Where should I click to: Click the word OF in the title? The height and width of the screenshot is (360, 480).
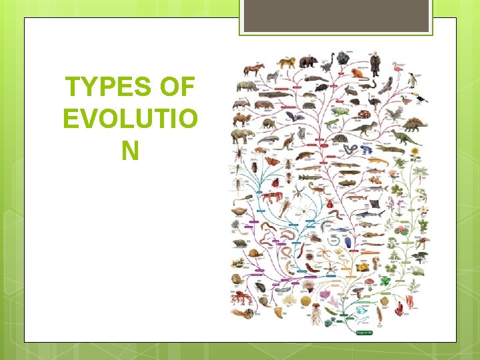pyautogui.click(x=178, y=88)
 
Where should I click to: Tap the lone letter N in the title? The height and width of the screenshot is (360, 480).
pyautogui.click(x=130, y=151)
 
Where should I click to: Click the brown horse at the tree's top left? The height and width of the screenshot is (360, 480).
pyautogui.click(x=253, y=69)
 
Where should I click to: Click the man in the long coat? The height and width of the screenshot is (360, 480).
pyautogui.click(x=375, y=64)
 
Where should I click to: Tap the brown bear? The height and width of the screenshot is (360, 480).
pyautogui.click(x=308, y=62)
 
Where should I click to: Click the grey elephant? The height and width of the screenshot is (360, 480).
pyautogui.click(x=241, y=136)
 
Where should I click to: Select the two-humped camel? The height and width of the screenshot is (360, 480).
pyautogui.click(x=241, y=120)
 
